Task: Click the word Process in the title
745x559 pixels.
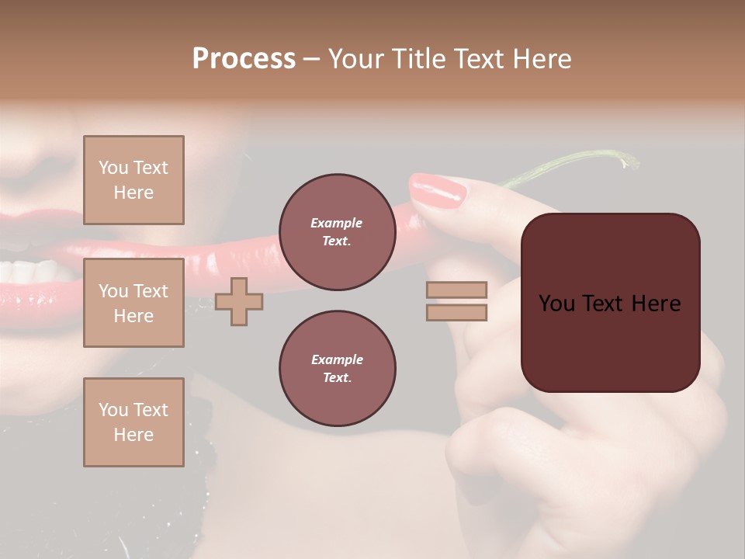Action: pos(244,59)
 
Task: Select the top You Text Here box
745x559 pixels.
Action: pos(133,180)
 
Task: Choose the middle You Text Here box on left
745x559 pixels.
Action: pos(133,303)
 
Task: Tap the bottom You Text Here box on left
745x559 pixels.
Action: pos(133,422)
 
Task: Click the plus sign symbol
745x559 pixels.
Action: pos(239,301)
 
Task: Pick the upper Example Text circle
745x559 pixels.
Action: pos(337,232)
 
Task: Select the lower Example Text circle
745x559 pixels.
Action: pos(337,369)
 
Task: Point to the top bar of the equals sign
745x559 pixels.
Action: pos(456,290)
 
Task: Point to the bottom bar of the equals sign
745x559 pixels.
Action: pos(456,312)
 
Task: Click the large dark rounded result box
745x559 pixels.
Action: pos(610,303)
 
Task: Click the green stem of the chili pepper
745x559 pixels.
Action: pos(574,164)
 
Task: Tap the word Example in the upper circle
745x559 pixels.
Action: pos(337,223)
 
